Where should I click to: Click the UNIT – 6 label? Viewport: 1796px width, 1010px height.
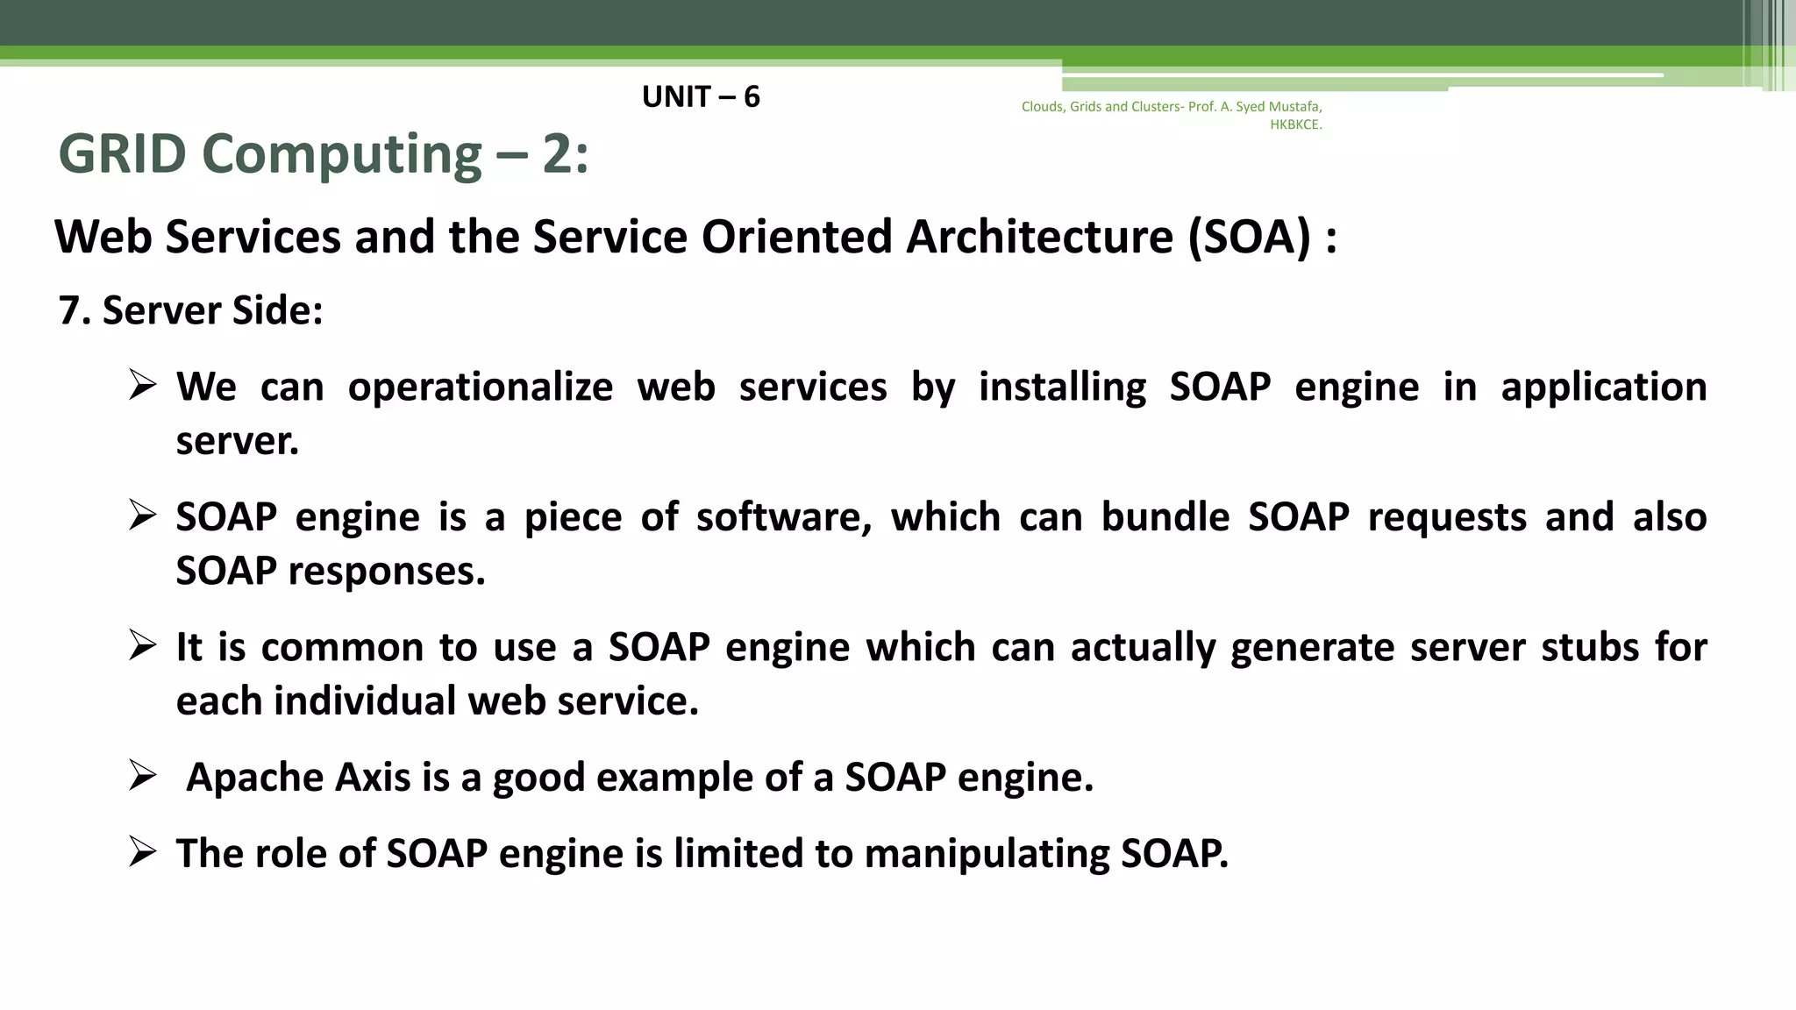click(701, 96)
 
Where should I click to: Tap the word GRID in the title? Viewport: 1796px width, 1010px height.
click(122, 154)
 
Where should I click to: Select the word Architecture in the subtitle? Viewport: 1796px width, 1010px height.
click(1039, 237)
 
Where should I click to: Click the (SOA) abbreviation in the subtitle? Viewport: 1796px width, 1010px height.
click(1249, 237)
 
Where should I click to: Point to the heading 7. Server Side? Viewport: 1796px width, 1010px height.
click(190, 310)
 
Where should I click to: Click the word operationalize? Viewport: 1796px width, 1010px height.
click(481, 388)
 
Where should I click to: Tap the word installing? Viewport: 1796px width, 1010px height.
click(1062, 388)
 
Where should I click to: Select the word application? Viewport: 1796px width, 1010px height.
click(1603, 388)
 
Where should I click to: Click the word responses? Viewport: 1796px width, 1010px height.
click(386, 572)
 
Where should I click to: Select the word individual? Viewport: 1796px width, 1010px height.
click(364, 701)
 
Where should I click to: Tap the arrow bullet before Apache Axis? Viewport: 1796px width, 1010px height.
click(142, 776)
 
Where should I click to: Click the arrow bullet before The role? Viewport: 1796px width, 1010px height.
click(142, 852)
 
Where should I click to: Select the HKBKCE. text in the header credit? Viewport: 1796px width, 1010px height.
click(1295, 124)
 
